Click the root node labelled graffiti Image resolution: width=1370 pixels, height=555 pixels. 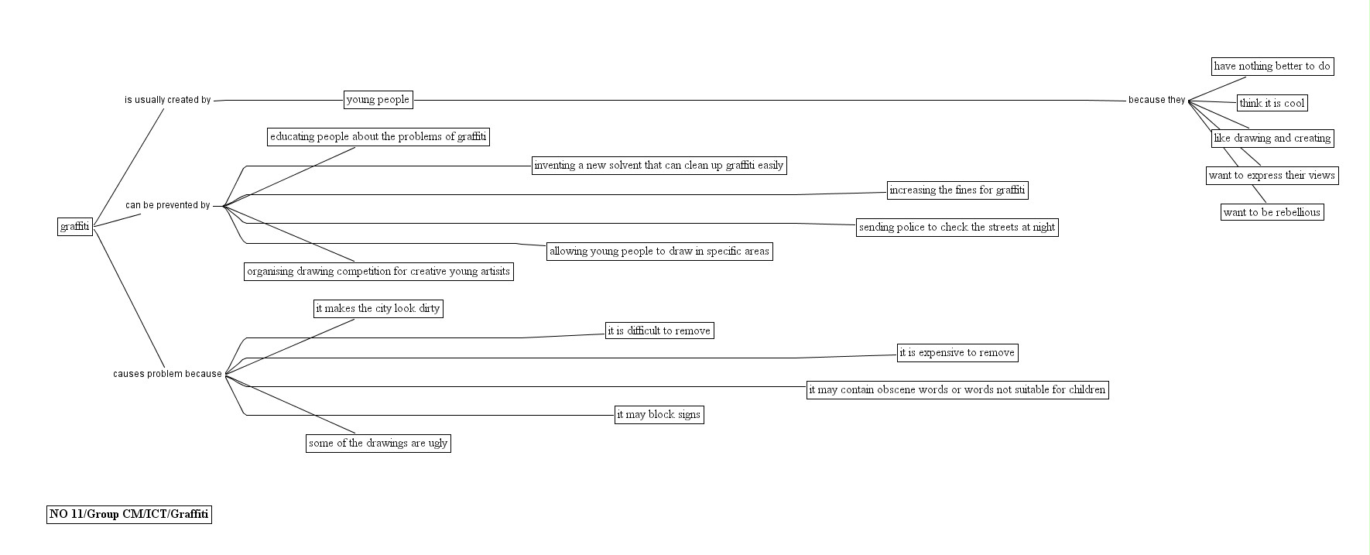click(x=75, y=227)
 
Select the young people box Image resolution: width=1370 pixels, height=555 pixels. click(x=378, y=100)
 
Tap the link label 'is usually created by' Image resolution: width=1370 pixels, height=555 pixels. click(x=168, y=100)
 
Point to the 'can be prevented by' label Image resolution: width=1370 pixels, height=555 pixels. click(x=168, y=206)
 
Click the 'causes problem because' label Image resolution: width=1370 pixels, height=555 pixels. click(x=167, y=375)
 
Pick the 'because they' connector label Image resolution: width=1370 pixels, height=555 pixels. click(x=1156, y=100)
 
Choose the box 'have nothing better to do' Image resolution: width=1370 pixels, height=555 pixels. click(x=1272, y=67)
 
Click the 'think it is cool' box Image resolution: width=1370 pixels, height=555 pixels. click(x=1272, y=103)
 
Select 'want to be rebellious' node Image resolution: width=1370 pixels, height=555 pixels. click(x=1272, y=212)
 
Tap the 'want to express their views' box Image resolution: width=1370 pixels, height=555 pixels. click(x=1272, y=176)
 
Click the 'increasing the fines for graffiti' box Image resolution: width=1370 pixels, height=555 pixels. click(x=957, y=190)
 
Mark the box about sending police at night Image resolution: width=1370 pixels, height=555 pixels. click(x=957, y=228)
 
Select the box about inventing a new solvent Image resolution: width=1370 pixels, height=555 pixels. click(x=659, y=166)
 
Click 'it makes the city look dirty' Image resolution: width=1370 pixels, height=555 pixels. click(x=378, y=309)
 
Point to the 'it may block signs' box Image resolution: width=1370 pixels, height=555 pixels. click(x=659, y=415)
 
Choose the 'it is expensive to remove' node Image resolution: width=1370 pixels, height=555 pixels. click(x=957, y=353)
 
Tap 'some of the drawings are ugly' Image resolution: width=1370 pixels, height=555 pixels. click(x=378, y=444)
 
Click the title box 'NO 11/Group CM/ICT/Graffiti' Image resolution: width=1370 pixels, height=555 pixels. click(x=129, y=515)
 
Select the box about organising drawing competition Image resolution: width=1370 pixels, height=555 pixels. click(x=378, y=272)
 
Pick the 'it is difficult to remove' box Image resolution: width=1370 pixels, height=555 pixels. click(x=659, y=331)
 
